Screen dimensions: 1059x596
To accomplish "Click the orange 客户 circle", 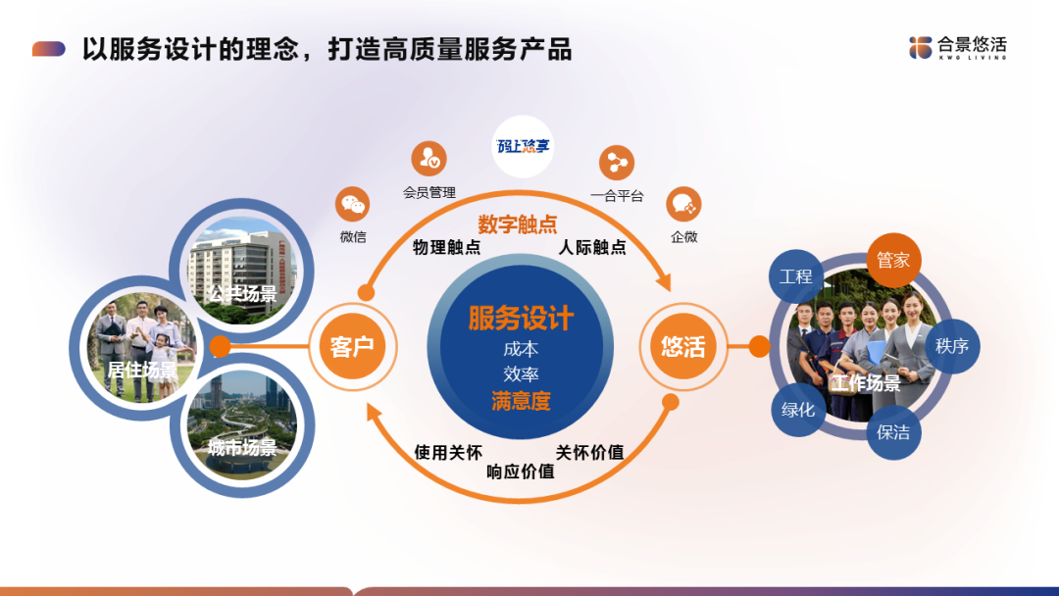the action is (x=353, y=346).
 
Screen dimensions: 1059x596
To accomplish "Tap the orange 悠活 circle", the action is (x=682, y=346).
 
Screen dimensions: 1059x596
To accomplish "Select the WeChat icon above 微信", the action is (x=353, y=204).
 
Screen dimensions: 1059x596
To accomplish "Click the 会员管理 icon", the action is (x=429, y=159).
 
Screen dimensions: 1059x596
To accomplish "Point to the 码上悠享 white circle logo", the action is (x=523, y=146).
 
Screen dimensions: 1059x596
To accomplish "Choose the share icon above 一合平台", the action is (x=617, y=163).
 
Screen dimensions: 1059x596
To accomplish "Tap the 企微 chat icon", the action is (x=683, y=204).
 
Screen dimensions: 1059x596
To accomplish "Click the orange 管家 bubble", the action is (x=893, y=260).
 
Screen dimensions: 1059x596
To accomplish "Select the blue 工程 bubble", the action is (x=796, y=276).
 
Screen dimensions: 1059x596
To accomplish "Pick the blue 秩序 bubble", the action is (x=952, y=346).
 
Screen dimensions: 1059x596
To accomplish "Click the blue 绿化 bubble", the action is (x=798, y=409).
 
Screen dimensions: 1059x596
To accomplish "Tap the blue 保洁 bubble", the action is (x=893, y=432).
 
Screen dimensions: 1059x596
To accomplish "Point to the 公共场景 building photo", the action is (x=242, y=270).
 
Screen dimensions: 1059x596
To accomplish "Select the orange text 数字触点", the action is (x=518, y=224).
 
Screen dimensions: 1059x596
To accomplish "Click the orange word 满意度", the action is (x=521, y=401).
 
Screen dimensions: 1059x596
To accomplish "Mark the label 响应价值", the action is (x=521, y=472).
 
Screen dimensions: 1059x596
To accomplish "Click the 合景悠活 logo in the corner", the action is (x=958, y=47).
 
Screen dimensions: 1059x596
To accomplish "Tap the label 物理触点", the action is (x=446, y=247).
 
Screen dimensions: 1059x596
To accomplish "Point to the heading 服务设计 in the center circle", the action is (x=521, y=318).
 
